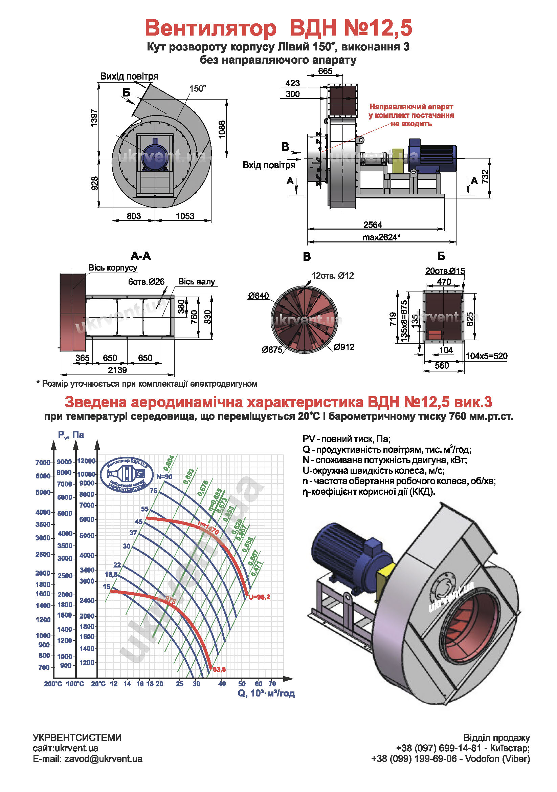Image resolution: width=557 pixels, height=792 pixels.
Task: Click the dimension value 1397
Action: tap(94, 117)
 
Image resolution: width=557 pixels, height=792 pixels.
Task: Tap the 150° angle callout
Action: tap(198, 89)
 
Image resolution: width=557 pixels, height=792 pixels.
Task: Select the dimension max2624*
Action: tap(381, 237)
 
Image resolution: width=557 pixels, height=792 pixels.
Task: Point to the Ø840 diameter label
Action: tap(258, 296)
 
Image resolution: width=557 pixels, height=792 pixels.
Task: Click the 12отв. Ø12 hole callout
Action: tap(332, 276)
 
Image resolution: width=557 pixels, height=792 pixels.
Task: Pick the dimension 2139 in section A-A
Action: tap(117, 370)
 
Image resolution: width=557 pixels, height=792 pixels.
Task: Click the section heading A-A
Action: tap(141, 256)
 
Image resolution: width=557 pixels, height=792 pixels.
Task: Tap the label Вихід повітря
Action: tap(129, 76)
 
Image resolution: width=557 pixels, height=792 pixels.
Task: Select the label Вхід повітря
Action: tap(269, 165)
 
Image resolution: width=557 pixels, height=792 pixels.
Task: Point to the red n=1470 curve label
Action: tap(208, 528)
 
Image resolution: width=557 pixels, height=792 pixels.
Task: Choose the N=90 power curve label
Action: tap(164, 477)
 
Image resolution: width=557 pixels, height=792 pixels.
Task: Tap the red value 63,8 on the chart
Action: tap(219, 669)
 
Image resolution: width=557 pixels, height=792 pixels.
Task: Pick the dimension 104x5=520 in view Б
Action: tap(486, 356)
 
